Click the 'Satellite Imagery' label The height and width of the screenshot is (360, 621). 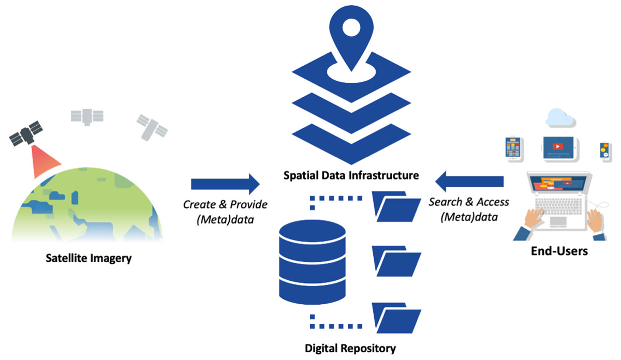[x=88, y=257]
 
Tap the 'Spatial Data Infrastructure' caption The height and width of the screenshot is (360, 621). [x=351, y=175]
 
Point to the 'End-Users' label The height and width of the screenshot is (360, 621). [x=559, y=252]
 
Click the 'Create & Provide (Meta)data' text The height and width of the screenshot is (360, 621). [x=225, y=211]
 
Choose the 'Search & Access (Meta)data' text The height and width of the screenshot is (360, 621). [x=469, y=209]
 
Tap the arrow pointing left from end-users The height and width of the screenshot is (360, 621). [x=469, y=181]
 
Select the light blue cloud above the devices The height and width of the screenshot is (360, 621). [x=559, y=117]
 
